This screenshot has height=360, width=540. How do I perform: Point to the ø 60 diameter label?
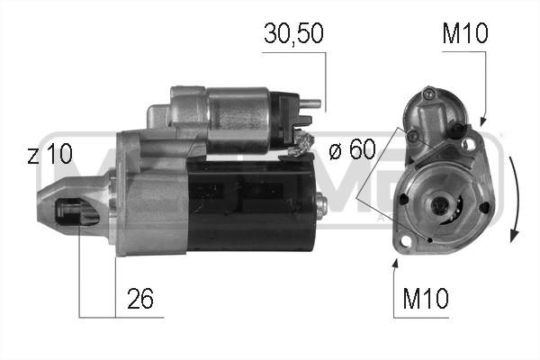tap(351, 150)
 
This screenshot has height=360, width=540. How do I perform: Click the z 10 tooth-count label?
tap(49, 155)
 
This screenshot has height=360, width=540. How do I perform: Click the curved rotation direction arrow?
tap(514, 198)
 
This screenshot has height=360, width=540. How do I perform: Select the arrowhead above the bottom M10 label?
tap(395, 263)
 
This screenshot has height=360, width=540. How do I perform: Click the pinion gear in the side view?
tap(76, 213)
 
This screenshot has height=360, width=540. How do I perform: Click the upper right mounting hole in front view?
tap(465, 142)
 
